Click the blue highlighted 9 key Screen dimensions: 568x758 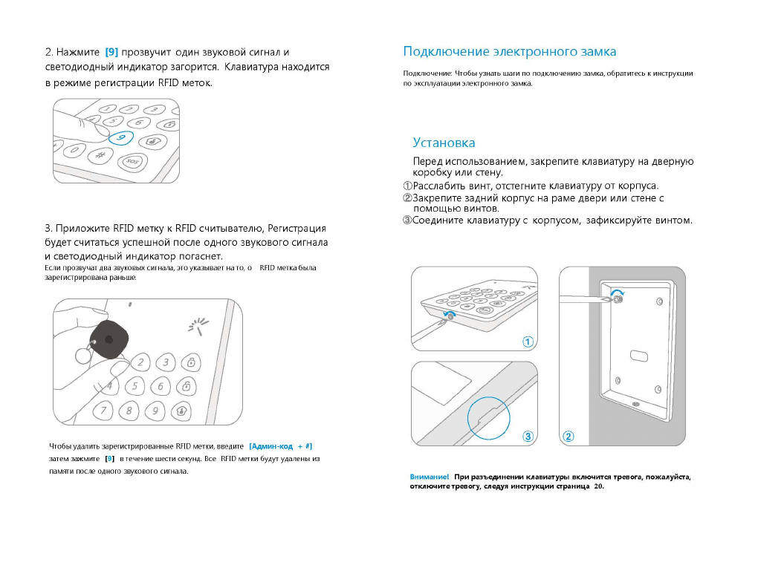coord(120,137)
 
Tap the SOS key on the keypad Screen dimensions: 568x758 coord(132,161)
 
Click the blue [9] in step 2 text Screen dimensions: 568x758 coord(111,52)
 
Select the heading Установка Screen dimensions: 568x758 coord(444,143)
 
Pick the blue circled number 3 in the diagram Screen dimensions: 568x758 coord(528,437)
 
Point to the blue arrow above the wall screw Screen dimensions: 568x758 coord(616,294)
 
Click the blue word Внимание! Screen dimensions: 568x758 coord(430,477)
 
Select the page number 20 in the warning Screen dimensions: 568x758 coord(599,486)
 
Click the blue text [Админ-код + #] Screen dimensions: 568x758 coord(281,446)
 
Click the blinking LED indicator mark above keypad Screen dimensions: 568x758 coord(197,324)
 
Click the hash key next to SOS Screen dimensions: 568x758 coord(100,155)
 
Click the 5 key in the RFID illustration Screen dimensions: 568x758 coord(135,386)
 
